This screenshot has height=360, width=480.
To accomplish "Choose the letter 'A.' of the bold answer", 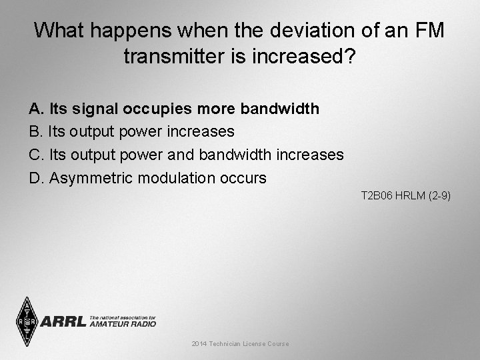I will click(37, 108).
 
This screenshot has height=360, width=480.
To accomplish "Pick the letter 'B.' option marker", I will click(37, 131).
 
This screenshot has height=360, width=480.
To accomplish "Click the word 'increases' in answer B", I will click(200, 131).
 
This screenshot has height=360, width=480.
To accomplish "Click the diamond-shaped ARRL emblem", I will click(26, 321).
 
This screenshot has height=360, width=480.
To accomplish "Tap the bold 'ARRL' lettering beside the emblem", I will click(63, 322).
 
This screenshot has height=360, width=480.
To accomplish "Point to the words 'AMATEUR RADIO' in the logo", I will click(123, 324).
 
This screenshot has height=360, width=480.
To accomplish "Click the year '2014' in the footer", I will click(199, 343).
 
